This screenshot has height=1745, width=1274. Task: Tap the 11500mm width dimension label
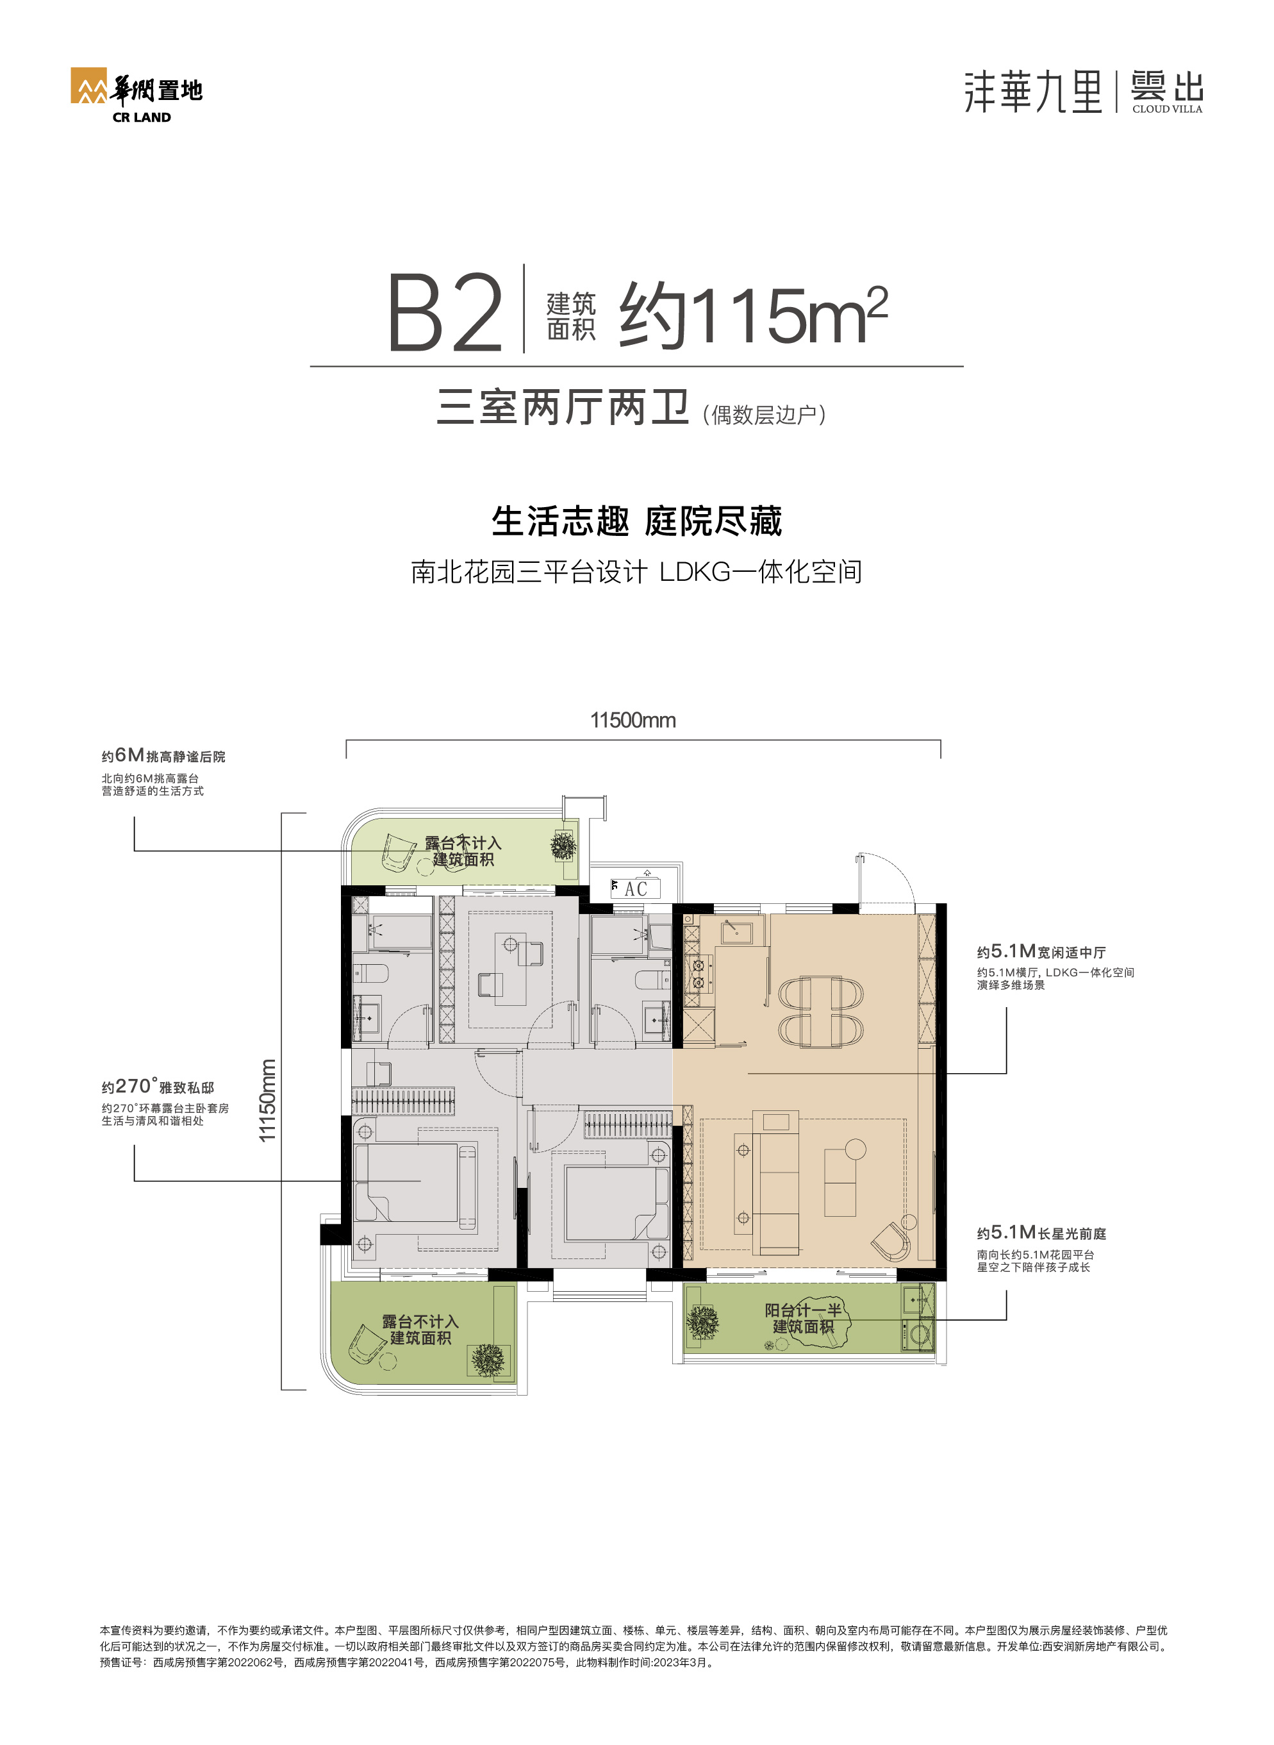[633, 720]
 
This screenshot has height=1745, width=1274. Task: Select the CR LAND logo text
[141, 117]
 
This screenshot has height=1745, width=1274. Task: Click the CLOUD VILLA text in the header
[1167, 109]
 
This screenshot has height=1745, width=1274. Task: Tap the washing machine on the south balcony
[919, 1332]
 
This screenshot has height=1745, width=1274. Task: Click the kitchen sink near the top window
[736, 931]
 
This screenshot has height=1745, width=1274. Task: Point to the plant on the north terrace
[564, 846]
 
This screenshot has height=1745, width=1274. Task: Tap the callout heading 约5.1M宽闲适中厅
[1041, 951]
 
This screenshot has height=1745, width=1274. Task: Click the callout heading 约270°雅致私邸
[158, 1086]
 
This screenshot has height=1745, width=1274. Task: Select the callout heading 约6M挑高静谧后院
[163, 756]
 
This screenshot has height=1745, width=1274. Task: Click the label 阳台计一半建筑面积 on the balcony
[803, 1319]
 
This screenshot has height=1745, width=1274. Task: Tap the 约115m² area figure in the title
[754, 315]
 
